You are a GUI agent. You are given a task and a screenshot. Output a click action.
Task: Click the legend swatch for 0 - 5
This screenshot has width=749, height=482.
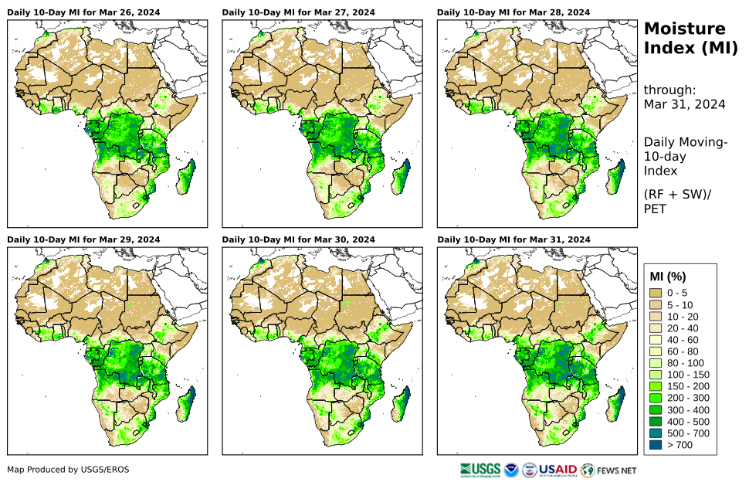(x=656, y=293)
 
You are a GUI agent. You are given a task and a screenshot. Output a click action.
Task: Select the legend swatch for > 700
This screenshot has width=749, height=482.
(x=656, y=444)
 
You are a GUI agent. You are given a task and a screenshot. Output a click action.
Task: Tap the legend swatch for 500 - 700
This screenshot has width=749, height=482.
(x=656, y=433)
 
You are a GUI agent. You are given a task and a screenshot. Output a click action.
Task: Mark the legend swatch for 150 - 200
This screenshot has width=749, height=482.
(x=656, y=386)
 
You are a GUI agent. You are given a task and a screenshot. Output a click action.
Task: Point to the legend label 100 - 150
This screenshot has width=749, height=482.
(x=686, y=375)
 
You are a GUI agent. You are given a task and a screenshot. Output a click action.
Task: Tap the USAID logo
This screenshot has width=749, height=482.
(x=557, y=469)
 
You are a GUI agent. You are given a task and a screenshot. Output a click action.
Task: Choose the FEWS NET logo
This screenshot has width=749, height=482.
(x=608, y=469)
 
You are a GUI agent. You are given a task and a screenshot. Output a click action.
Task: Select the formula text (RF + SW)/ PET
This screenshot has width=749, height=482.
(x=677, y=201)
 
